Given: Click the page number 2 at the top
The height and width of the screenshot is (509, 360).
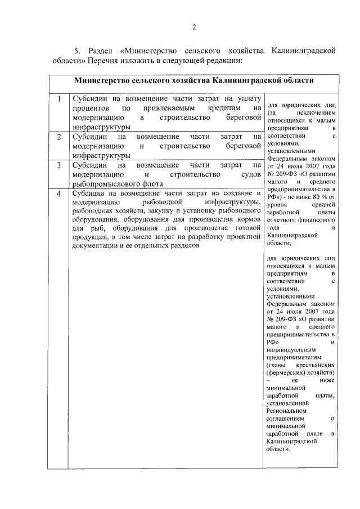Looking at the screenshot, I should coord(193,28).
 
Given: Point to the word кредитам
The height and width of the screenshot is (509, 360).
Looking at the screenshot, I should coord(218,108).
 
